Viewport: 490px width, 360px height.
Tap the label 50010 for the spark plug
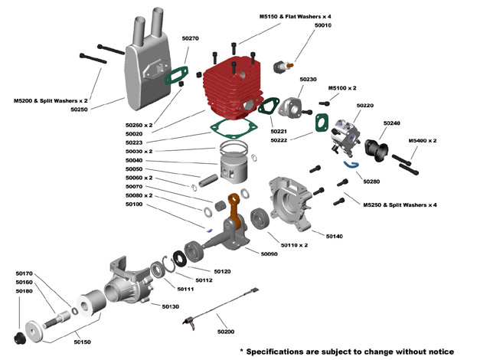click(x=323, y=25)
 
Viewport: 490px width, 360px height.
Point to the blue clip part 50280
click(x=351, y=163)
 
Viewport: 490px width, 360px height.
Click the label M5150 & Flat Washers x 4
click(x=296, y=15)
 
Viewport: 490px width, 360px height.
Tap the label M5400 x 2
click(x=423, y=141)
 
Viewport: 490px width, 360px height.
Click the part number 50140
click(x=334, y=236)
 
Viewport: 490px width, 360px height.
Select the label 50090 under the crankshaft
click(x=269, y=254)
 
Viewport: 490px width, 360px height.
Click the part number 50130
click(x=170, y=306)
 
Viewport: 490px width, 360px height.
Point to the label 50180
click(x=24, y=291)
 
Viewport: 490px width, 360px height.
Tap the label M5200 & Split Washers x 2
click(x=51, y=100)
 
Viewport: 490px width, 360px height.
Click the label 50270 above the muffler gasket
click(x=190, y=38)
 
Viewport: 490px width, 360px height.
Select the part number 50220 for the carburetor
click(x=365, y=106)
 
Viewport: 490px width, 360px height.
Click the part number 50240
click(x=392, y=123)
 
